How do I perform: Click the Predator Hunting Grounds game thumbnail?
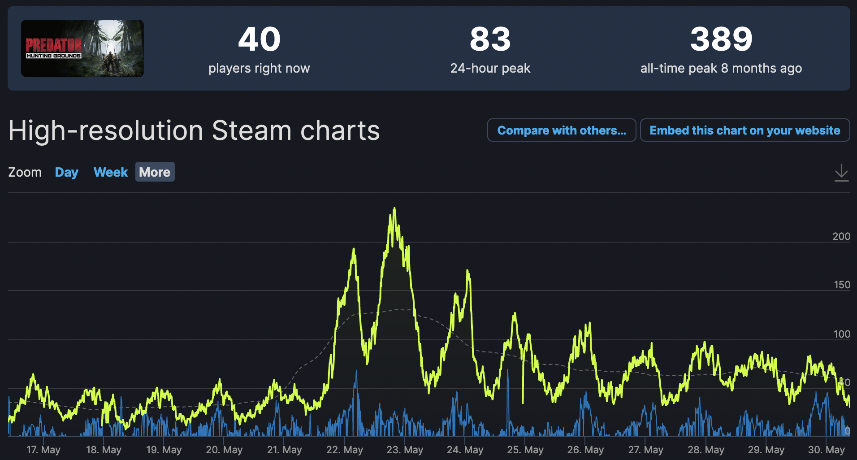click(82, 48)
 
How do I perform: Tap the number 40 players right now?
click(259, 39)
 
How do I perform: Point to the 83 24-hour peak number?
click(490, 39)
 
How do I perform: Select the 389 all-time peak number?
click(721, 39)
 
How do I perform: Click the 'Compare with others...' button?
click(562, 130)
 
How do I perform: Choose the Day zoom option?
click(66, 172)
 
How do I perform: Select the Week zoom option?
click(111, 172)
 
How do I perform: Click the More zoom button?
click(155, 172)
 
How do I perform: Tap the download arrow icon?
click(841, 173)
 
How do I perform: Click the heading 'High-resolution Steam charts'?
click(194, 130)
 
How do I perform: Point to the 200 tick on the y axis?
click(841, 236)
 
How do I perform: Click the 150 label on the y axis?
click(842, 285)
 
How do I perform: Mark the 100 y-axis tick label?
click(842, 334)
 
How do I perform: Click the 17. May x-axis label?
click(43, 450)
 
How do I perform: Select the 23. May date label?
click(405, 450)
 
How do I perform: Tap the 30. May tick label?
click(826, 450)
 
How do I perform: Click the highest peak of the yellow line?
click(394, 208)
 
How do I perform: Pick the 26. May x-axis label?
click(585, 450)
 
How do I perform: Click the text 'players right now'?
click(259, 68)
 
